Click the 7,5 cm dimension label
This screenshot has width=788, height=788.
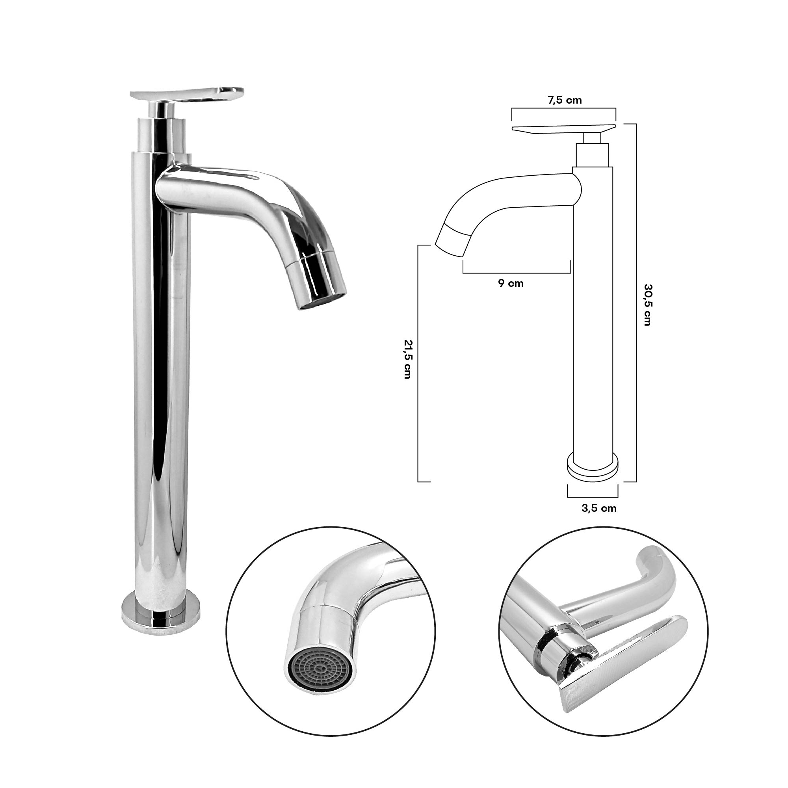564,100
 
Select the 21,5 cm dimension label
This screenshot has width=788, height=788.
407,359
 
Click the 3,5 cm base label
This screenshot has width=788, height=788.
599,508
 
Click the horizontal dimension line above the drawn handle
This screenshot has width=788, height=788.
564,108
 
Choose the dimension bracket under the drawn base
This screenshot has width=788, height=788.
592,497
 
